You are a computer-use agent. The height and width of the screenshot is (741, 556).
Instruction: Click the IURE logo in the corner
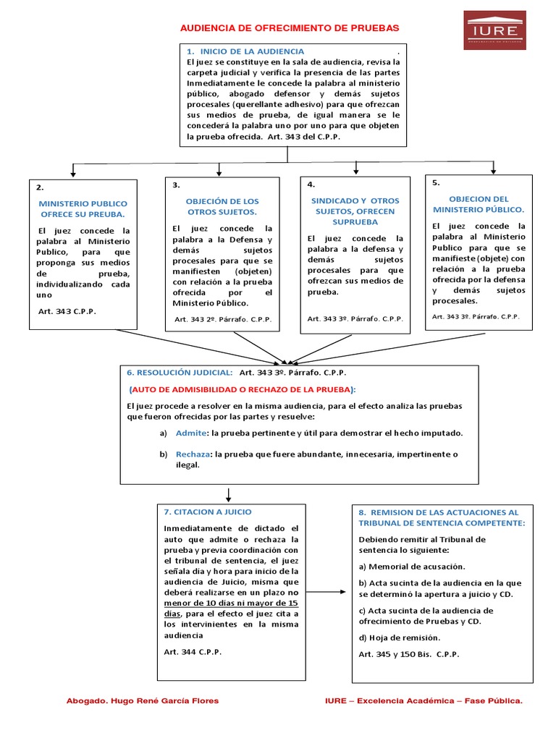click(494, 30)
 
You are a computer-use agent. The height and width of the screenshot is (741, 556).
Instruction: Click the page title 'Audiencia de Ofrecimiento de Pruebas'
click(289, 27)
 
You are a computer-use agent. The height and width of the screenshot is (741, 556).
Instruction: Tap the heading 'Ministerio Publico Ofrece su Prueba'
click(83, 209)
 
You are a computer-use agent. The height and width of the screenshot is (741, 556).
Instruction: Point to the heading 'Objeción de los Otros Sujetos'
click(222, 206)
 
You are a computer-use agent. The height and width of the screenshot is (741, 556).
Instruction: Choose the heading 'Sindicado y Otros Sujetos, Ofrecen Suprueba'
click(355, 211)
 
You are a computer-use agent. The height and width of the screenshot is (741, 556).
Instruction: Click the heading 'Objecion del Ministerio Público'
click(479, 203)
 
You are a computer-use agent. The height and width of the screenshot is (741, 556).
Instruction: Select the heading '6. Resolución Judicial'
click(180, 372)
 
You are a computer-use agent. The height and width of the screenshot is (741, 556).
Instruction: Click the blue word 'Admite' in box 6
click(191, 433)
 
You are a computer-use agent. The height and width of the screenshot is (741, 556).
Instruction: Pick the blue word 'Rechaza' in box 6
click(193, 454)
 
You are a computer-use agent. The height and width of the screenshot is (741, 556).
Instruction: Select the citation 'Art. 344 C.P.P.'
click(193, 652)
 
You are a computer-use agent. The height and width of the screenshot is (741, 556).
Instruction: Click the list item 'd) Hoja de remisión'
click(399, 638)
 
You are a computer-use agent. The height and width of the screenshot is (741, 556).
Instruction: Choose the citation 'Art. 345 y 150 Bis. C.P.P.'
click(409, 654)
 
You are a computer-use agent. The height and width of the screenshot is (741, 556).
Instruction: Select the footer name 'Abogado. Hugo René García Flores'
click(143, 701)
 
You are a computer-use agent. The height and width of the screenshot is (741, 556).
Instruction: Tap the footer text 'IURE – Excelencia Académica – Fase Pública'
click(424, 701)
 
